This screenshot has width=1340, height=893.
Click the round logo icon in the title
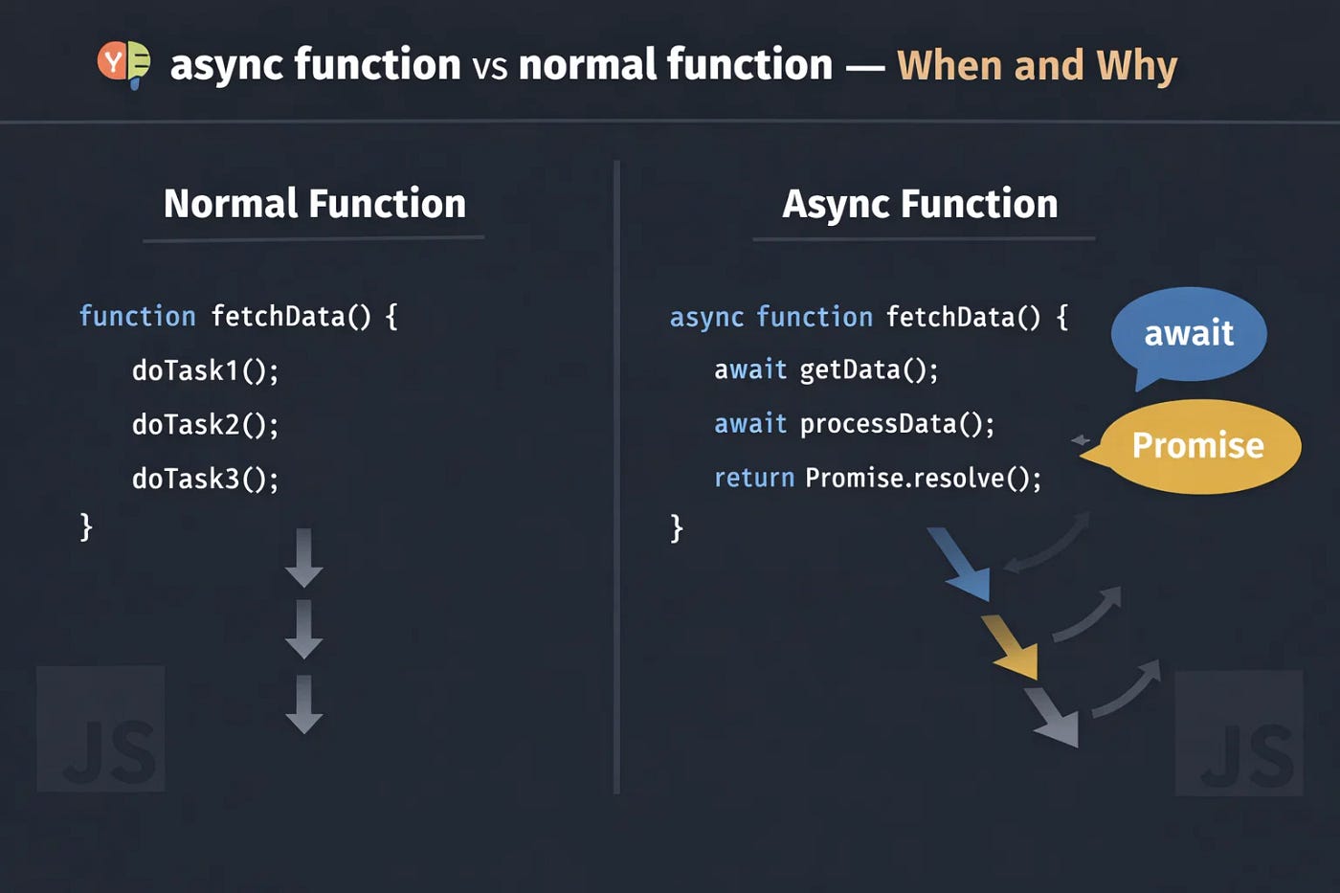tap(123, 64)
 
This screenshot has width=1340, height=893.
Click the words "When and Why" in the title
tap(1037, 65)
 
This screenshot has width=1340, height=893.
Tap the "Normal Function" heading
tap(314, 204)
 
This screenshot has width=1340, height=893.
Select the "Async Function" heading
tap(920, 204)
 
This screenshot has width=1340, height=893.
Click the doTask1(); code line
tap(205, 370)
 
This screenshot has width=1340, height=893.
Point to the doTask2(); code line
tap(205, 424)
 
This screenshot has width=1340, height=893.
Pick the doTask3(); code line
tap(205, 478)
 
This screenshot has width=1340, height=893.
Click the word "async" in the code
tap(706, 318)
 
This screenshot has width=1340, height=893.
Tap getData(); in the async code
tap(868, 369)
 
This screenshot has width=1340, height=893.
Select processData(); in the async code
tap(897, 423)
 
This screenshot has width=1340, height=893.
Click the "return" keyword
tap(754, 478)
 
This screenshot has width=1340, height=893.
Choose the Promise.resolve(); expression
tap(923, 478)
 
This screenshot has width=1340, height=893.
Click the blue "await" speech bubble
tap(1189, 333)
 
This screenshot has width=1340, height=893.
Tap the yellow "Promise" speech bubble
tap(1198, 446)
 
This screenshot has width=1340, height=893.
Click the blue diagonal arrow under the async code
tap(960, 564)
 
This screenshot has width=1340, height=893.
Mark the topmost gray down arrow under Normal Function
tap(303, 558)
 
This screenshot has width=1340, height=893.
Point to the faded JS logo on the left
tap(100, 729)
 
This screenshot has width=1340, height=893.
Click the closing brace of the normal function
tap(86, 526)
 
